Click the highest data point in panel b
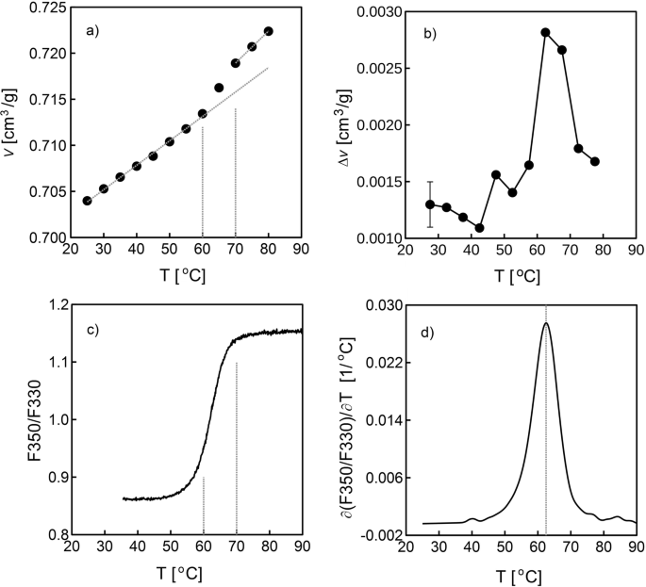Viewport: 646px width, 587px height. [x=545, y=32]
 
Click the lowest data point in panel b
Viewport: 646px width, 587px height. [x=479, y=228]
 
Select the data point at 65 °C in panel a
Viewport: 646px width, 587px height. [x=219, y=88]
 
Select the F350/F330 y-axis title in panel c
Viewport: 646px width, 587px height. [x=12, y=420]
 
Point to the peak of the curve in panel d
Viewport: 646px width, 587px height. [x=546, y=323]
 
